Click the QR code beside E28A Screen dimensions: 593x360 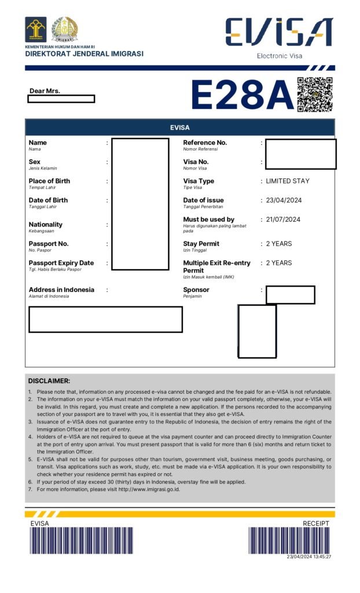click(x=315, y=94)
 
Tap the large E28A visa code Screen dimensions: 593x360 click(x=243, y=94)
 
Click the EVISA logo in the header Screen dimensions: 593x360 click(x=279, y=32)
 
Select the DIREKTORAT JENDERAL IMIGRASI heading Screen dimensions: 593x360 click(x=84, y=54)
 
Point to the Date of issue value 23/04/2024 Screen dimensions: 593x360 click(x=284, y=200)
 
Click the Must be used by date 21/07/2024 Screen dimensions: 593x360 click(x=284, y=219)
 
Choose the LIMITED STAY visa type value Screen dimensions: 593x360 click(x=288, y=181)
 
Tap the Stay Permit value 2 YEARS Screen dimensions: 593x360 click(x=279, y=244)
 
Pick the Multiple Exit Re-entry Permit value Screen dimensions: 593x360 click(x=279, y=263)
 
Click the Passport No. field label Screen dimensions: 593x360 click(x=49, y=244)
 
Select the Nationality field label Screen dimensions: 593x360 click(x=46, y=225)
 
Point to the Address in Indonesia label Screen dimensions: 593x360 click(x=61, y=290)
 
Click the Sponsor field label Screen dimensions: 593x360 click(x=196, y=290)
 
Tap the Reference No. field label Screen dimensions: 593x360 click(x=205, y=142)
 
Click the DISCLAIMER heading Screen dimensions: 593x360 click(x=49, y=381)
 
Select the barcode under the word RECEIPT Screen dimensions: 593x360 click(x=289, y=540)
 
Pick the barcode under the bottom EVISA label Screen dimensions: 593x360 click(x=82, y=541)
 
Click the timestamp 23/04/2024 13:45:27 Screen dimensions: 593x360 click(x=309, y=557)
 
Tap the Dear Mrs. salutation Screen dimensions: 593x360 click(x=45, y=91)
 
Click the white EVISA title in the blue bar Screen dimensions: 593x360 click(x=179, y=127)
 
